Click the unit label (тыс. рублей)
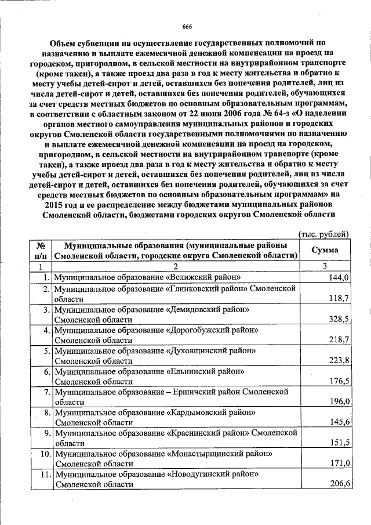323,234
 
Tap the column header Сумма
325,250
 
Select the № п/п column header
41,250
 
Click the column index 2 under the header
174,266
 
